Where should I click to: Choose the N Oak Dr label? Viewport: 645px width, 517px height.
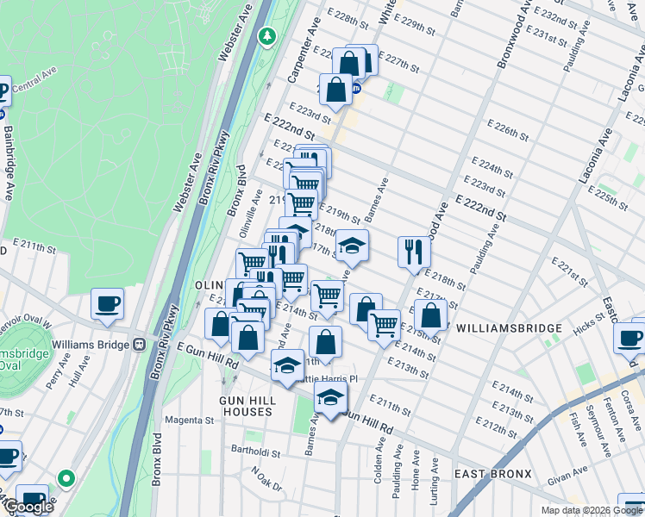click(266, 479)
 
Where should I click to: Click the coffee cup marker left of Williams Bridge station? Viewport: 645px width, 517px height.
click(107, 305)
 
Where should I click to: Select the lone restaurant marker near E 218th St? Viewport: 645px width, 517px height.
click(414, 251)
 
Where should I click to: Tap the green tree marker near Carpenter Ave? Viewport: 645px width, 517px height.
click(268, 36)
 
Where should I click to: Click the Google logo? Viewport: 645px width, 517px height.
click(28, 507)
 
